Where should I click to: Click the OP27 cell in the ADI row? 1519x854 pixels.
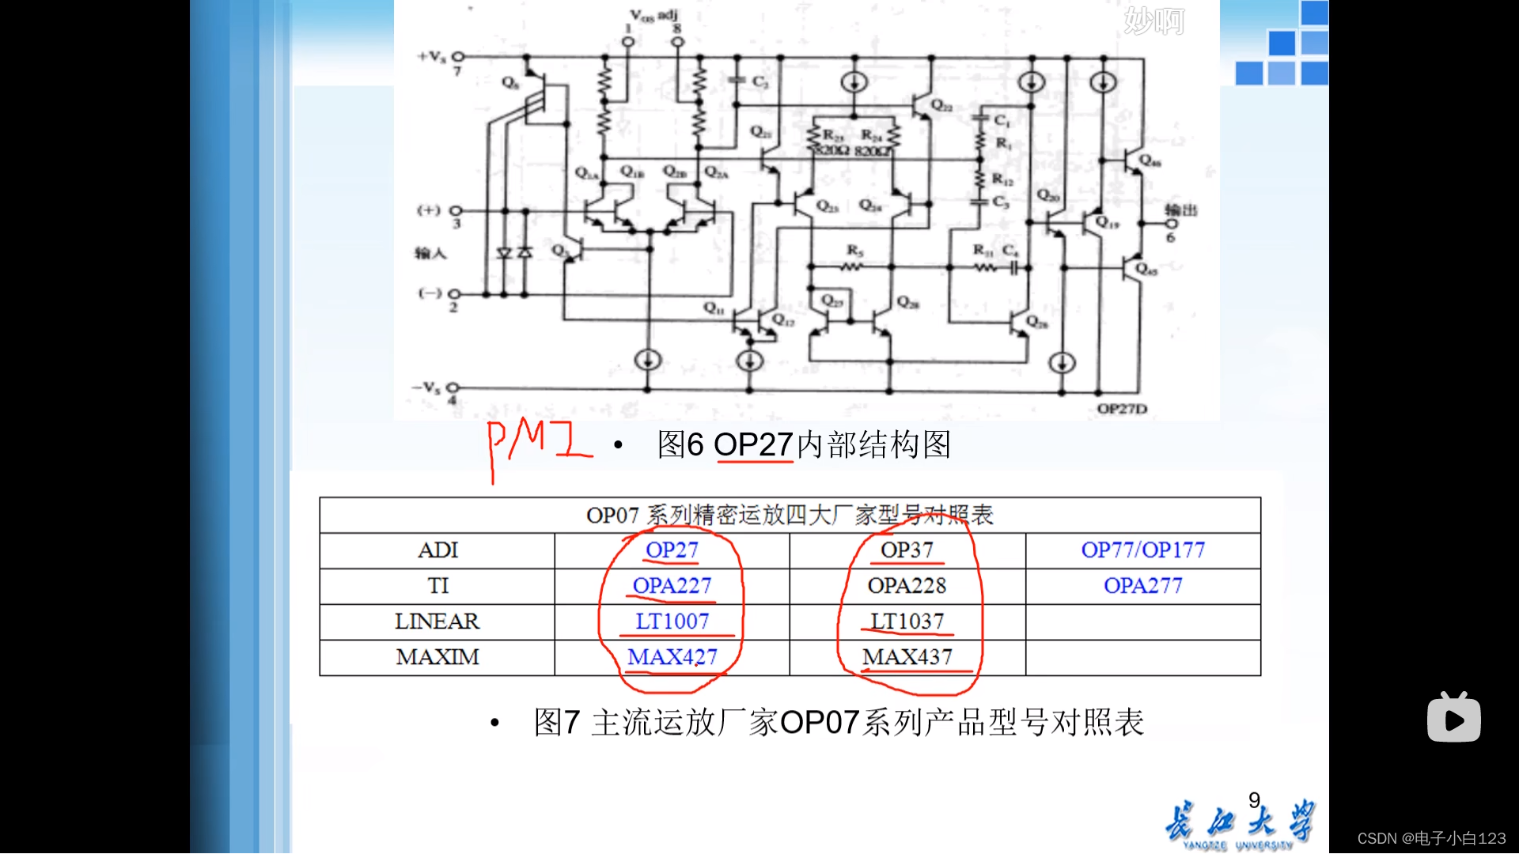pos(672,550)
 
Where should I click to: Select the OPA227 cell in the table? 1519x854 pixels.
pos(672,586)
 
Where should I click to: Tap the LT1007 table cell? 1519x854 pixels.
pos(672,622)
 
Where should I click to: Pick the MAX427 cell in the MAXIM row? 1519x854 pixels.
pos(672,657)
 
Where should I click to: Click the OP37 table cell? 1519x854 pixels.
pos(907,550)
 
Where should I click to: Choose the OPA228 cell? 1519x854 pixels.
pos(907,586)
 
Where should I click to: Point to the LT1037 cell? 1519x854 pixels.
pos(907,622)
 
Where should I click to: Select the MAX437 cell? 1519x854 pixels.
pos(907,657)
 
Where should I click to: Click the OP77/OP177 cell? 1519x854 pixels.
pos(1142,550)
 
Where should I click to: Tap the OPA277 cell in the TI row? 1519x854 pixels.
pos(1142,586)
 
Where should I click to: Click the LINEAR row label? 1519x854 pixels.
pos(437,622)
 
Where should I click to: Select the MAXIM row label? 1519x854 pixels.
pos(437,657)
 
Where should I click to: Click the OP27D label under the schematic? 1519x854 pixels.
pos(1121,409)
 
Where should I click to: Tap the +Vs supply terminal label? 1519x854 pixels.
pos(432,57)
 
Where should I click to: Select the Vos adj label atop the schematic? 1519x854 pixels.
pos(653,15)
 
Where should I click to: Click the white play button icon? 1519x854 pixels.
pos(1453,718)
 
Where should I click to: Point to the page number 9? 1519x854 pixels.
pos(1254,800)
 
